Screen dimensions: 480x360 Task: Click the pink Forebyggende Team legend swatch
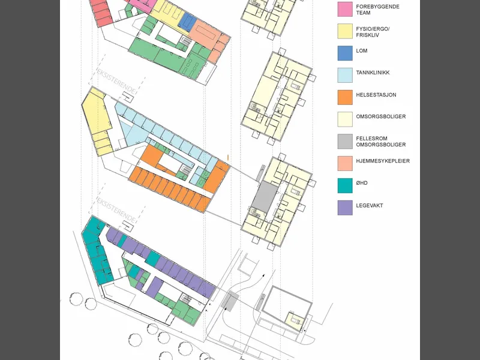345,9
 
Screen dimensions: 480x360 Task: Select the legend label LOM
362,51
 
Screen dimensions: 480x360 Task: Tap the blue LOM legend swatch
345,53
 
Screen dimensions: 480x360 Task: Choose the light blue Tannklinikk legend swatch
345,76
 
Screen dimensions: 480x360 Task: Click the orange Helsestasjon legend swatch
345,97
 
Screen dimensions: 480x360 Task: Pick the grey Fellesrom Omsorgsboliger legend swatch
345,142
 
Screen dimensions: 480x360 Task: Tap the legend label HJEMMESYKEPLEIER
383,161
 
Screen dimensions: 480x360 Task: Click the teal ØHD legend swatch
345,185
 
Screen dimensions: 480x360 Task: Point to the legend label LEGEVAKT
369,205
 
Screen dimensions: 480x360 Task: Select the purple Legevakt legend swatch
345,208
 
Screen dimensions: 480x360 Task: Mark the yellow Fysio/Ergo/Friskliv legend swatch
345,31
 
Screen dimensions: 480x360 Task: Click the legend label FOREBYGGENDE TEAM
377,10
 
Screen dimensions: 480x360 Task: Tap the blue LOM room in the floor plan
187,22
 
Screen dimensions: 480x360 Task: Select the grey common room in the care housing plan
265,196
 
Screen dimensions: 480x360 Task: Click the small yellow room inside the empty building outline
295,321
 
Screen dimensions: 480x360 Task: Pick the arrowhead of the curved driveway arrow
263,276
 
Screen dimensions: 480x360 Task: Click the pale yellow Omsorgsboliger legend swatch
345,119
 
